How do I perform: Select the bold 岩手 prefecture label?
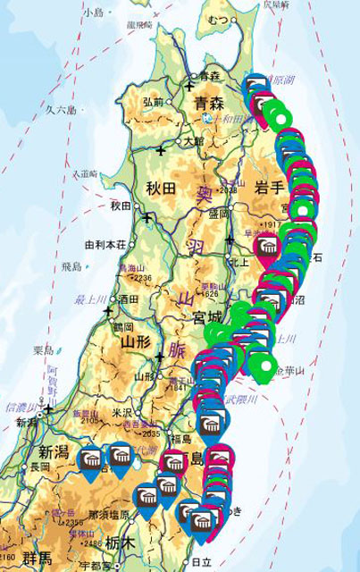tap(269, 187)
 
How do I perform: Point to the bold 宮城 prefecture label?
tap(209, 318)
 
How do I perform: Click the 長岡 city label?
tap(39, 467)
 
